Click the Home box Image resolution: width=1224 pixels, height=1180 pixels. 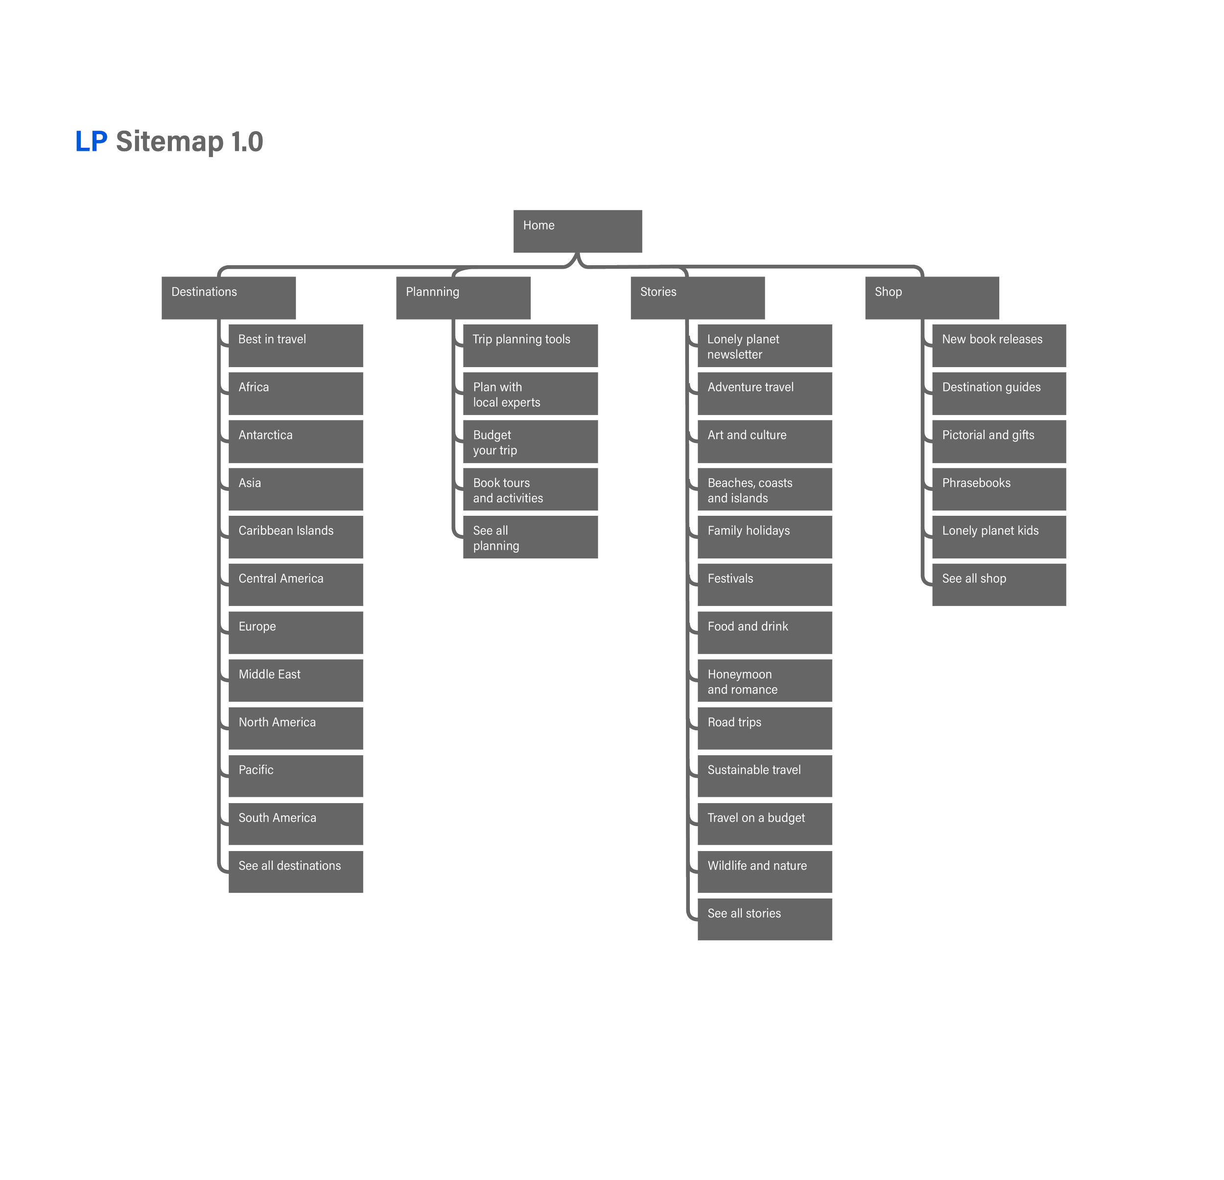coord(578,231)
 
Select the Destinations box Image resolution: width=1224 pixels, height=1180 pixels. coord(229,298)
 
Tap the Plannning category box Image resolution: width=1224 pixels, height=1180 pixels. coord(463,298)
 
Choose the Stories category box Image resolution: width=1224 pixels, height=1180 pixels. coord(698,298)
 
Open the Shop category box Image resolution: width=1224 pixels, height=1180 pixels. coord(932,298)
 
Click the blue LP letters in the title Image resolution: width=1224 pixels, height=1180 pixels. coord(91,142)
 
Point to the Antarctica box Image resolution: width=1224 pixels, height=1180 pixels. coord(296,441)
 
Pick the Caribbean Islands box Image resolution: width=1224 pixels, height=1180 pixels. coord(296,537)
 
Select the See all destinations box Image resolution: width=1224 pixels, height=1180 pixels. coord(296,872)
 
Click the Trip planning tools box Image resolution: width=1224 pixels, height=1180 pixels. coord(530,345)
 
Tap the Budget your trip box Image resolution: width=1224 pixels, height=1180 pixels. coord(530,441)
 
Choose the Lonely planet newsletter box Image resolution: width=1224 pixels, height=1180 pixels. coord(764,345)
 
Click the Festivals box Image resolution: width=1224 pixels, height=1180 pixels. coord(764,584)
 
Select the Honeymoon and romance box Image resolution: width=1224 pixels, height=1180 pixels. coord(764,680)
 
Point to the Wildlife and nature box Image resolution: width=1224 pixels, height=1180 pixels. coord(764,872)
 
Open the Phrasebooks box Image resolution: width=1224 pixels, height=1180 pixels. coord(999,489)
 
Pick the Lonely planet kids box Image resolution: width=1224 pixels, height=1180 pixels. coord(999,537)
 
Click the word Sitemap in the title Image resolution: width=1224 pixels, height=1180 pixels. coord(169,142)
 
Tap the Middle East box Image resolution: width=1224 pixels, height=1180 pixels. coord(296,680)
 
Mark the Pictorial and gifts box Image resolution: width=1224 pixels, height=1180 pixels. coord(999,441)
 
